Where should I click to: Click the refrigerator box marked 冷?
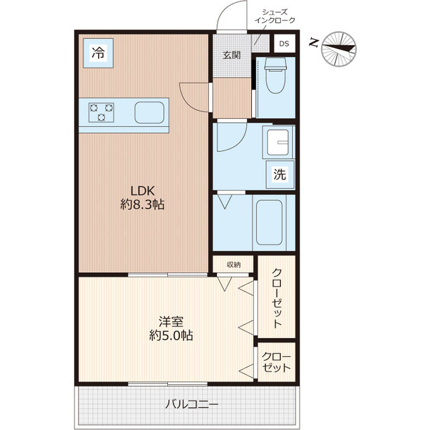click(x=98, y=53)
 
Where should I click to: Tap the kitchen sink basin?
click(x=149, y=112)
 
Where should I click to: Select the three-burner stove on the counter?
click(x=101, y=112)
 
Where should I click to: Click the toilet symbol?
click(x=275, y=75)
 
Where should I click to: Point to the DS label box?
click(x=284, y=43)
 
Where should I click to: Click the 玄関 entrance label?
click(x=232, y=55)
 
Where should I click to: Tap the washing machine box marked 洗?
click(x=280, y=174)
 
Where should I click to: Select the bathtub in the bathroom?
click(x=269, y=222)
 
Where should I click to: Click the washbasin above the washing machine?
click(x=278, y=142)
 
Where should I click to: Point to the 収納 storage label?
click(x=234, y=265)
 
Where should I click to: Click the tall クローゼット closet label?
click(x=277, y=298)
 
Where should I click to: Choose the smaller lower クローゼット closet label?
click(x=276, y=362)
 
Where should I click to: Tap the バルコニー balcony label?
click(x=191, y=404)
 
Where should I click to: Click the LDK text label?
click(x=142, y=191)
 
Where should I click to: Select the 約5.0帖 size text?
click(x=171, y=335)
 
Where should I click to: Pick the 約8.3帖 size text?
click(x=142, y=204)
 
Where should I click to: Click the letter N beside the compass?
click(x=314, y=43)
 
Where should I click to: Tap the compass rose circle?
click(x=339, y=49)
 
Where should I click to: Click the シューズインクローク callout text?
click(x=275, y=16)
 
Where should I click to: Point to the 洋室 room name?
click(x=171, y=322)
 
